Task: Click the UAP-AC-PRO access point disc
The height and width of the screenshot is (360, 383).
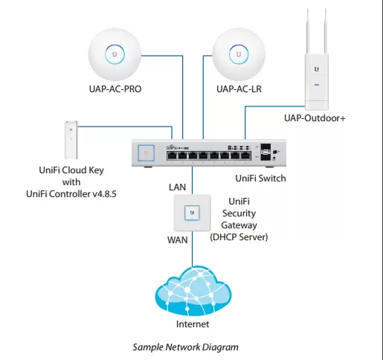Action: click(115, 54)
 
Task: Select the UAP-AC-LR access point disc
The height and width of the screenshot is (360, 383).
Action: click(239, 54)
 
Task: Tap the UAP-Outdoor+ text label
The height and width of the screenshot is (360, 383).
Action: click(315, 118)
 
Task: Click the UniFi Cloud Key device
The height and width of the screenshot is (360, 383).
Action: click(71, 140)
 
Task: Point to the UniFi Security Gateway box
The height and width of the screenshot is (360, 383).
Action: click(192, 213)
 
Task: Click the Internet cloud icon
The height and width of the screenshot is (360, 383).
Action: click(193, 291)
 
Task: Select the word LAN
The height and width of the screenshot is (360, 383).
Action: click(177, 187)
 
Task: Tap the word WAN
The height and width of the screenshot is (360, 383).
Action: click(178, 240)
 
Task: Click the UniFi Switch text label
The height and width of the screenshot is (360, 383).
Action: click(260, 179)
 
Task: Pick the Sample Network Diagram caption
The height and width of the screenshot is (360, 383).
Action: click(185, 347)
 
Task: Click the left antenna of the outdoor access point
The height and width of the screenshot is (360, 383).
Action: click(308, 31)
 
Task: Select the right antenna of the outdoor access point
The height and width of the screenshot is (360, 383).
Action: click(326, 31)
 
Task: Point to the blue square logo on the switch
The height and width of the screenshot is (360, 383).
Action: click(146, 152)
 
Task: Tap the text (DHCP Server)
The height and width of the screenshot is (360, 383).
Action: click(239, 237)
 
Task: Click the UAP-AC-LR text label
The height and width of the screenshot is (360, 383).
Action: click(239, 89)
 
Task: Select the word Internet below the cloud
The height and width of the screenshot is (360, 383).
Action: click(193, 324)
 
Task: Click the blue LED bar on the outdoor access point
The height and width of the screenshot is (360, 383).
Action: click(317, 85)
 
